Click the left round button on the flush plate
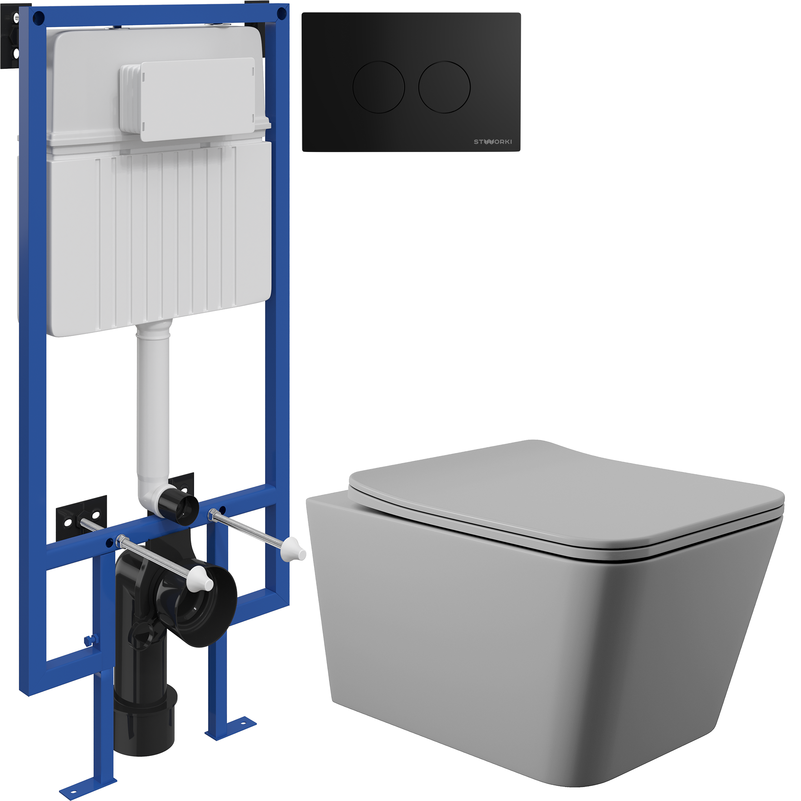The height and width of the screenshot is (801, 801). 379,87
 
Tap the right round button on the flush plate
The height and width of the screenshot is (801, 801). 445,87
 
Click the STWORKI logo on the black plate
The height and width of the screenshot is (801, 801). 493,142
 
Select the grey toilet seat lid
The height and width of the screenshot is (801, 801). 566,497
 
